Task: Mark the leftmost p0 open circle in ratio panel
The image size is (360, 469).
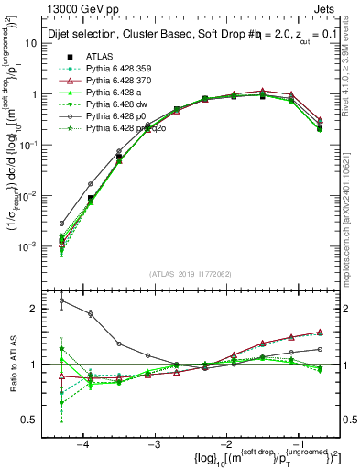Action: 62,300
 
